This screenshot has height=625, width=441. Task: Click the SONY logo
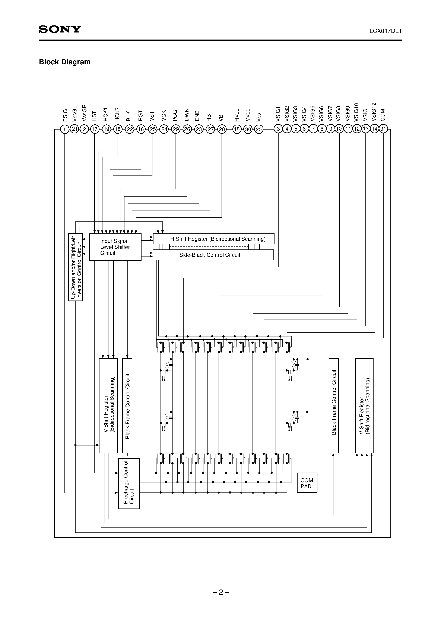tap(60, 29)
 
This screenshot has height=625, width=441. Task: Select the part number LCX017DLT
tap(385, 31)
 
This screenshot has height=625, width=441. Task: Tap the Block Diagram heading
tap(65, 62)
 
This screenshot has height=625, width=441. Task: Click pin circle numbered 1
tap(65, 129)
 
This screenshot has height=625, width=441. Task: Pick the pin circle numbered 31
tap(383, 129)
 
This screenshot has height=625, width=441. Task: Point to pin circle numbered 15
tap(237, 129)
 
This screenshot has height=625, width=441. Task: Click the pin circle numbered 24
tap(164, 129)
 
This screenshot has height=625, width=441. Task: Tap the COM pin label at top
tap(383, 115)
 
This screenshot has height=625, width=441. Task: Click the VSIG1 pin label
tap(278, 114)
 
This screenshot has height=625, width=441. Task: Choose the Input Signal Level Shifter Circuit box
tap(115, 247)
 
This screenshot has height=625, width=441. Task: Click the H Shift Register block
tap(213, 239)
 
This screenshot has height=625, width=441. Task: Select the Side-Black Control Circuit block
tap(213, 255)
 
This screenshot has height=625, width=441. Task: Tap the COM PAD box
tap(307, 483)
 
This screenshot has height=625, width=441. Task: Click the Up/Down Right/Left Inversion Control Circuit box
tap(75, 267)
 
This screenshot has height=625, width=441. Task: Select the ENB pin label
tap(197, 116)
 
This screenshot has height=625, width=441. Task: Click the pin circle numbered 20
tap(259, 129)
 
